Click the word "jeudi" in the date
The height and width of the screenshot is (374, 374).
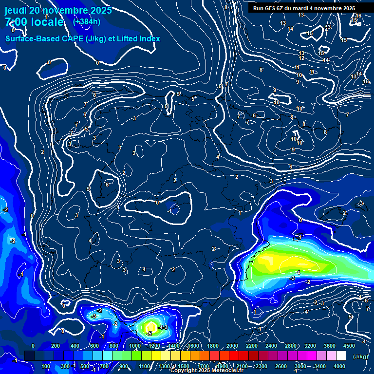click(15, 10)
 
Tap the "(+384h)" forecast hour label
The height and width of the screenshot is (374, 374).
click(86, 21)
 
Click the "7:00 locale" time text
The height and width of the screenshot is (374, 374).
click(34, 22)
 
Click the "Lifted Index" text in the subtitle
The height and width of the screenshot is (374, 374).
click(138, 38)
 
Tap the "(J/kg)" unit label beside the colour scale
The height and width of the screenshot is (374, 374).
click(360, 356)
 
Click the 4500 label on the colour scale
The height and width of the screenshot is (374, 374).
click(349, 345)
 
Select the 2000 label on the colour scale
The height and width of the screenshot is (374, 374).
click(232, 345)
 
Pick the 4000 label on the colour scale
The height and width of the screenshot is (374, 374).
click(339, 366)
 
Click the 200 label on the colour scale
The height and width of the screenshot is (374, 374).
click(56, 345)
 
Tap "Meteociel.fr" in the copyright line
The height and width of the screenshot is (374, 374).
click(227, 371)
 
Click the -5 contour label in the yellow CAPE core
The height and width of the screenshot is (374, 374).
click(150, 334)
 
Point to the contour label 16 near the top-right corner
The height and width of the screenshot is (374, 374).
click(358, 16)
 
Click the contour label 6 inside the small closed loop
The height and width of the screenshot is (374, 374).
click(107, 185)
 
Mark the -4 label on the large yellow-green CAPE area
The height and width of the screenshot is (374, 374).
click(298, 272)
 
